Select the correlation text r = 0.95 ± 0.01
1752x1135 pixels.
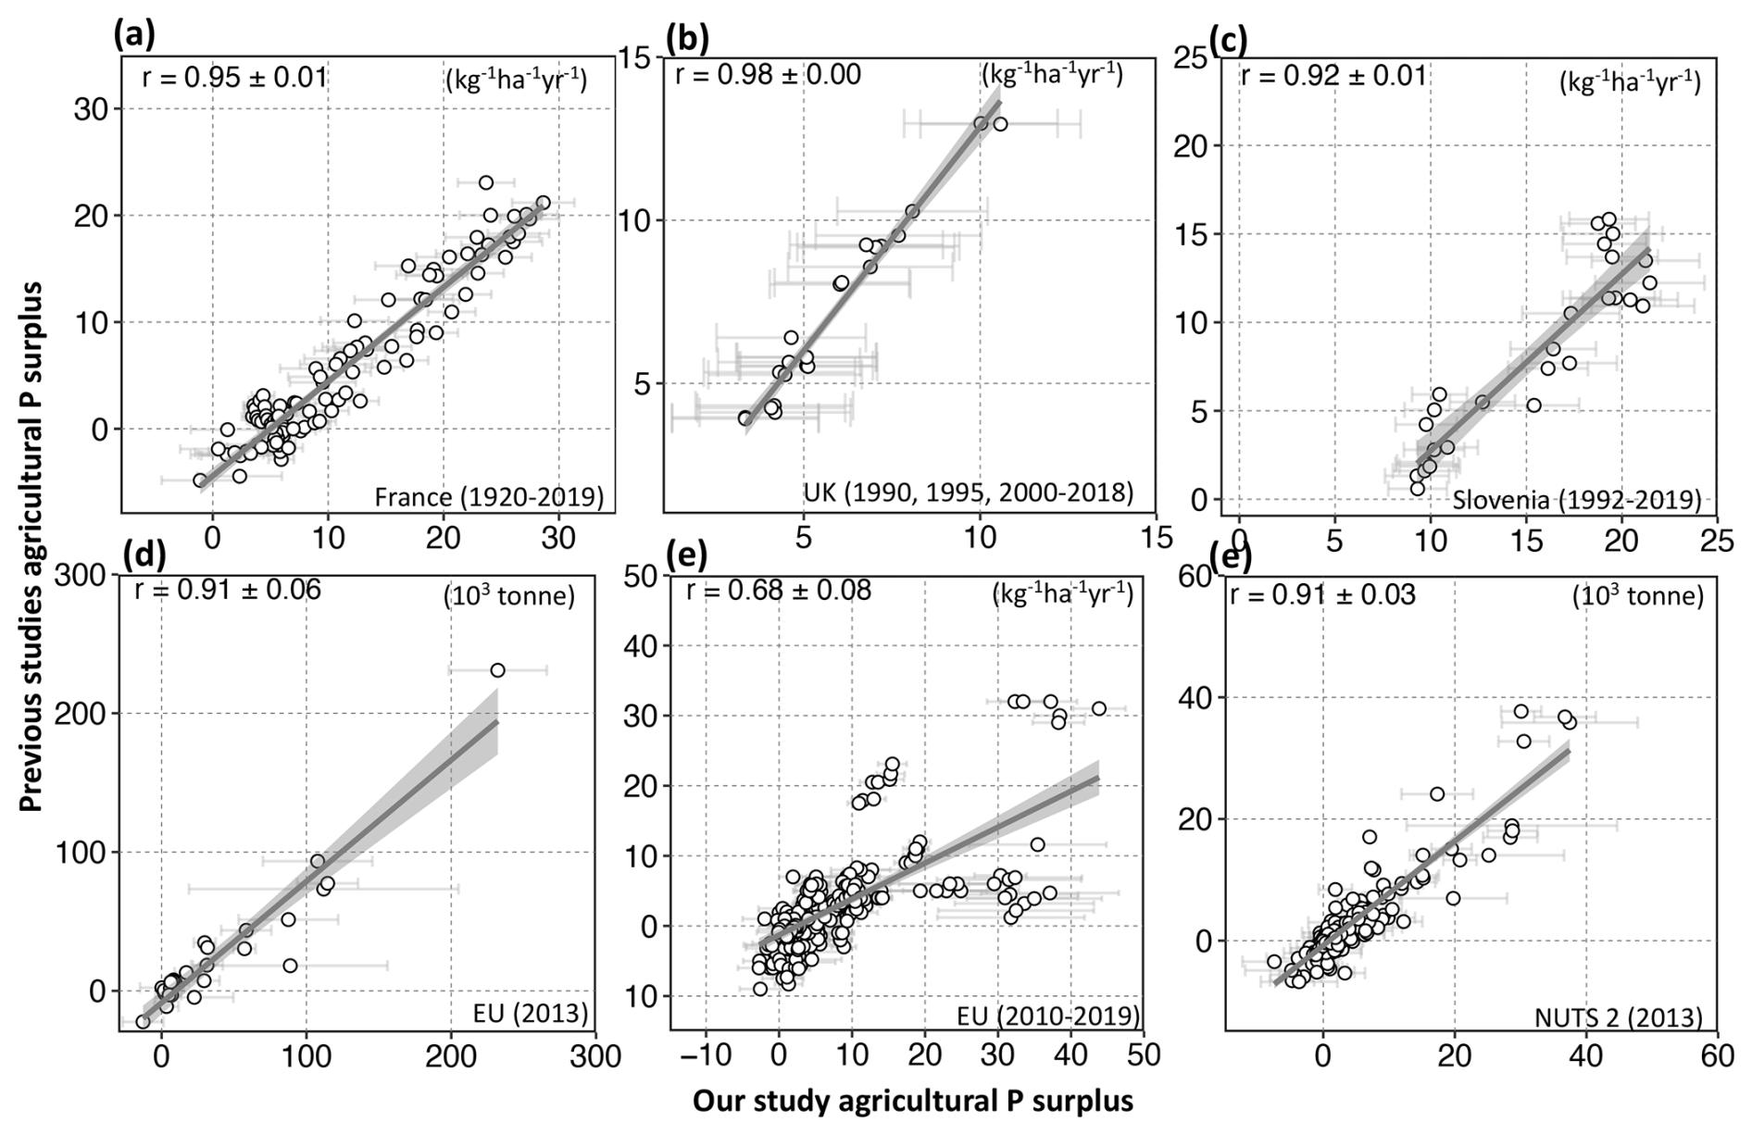234,76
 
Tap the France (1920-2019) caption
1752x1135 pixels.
489,498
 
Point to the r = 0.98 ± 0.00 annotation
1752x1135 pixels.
768,74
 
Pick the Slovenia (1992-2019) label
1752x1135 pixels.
1576,501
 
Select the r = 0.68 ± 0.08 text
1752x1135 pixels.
778,591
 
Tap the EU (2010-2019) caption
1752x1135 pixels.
1048,1016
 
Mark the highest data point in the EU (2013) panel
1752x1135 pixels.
497,670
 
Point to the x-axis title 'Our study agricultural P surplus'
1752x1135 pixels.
912,1101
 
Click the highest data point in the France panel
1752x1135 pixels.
486,182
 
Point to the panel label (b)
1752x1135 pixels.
687,38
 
